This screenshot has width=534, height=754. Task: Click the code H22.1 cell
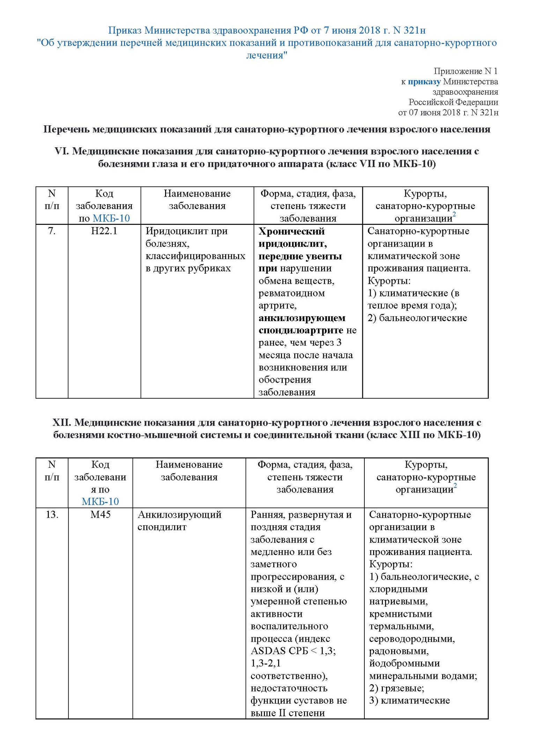tap(104, 231)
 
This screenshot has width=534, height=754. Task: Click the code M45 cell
tap(100, 515)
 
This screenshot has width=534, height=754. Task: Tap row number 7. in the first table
tap(52, 231)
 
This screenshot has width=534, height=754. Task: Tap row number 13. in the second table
tap(52, 515)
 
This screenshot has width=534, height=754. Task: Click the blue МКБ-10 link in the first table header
tap(111, 219)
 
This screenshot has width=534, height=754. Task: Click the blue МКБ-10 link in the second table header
tap(100, 502)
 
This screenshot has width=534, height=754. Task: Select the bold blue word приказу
tap(424, 82)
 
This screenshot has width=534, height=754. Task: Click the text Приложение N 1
tap(465, 71)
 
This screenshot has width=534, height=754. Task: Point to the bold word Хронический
tap(291, 231)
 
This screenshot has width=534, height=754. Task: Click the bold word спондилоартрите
tap(301, 330)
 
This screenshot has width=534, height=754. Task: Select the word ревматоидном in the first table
tap(291, 293)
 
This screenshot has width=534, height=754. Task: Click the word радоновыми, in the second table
tap(399, 651)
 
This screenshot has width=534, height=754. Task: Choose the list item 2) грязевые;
tap(396, 688)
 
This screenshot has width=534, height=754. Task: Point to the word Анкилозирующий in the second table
tap(179, 515)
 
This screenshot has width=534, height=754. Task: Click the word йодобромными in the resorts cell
tap(404, 663)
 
